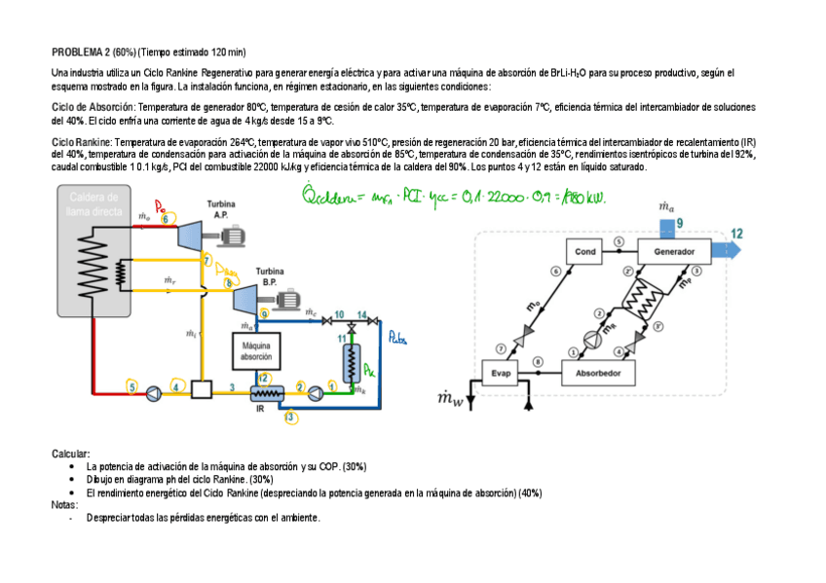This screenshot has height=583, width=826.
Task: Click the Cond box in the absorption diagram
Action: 585,252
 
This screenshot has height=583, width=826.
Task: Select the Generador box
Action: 674,252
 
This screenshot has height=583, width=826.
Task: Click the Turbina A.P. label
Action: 219,209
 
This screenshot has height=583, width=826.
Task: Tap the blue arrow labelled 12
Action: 728,250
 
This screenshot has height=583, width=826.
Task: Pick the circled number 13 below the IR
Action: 290,418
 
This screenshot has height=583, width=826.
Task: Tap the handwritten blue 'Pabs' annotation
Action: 397,340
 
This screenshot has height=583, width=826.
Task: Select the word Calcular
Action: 70,455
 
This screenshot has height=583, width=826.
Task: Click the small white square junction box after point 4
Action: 203,389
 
